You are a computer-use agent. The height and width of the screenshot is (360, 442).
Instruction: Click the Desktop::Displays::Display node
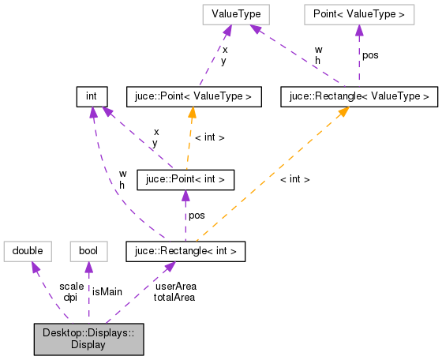pos(88,338)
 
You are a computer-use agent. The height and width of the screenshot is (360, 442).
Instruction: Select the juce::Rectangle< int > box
pos(185,252)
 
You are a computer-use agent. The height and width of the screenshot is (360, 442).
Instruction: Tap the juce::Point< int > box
pos(185,179)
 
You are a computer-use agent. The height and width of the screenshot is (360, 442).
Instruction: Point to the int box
pos(92,96)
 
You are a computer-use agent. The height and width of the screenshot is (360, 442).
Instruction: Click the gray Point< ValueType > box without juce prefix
pos(358,14)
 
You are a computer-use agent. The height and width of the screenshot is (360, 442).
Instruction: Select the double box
pos(28,252)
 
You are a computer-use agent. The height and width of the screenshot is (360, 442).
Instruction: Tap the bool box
pos(87,252)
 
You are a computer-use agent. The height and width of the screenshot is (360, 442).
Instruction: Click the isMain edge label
pos(107,291)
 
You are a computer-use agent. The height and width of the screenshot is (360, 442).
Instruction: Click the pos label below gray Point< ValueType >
pos(371,55)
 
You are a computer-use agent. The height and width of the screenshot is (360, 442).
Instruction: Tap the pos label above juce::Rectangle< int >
pos(195,215)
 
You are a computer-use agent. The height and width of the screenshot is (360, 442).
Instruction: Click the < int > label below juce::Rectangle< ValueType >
pos(294,179)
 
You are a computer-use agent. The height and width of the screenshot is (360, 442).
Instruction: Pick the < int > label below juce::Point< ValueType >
pos(209,137)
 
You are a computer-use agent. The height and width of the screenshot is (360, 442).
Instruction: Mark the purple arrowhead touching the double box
pos(36,268)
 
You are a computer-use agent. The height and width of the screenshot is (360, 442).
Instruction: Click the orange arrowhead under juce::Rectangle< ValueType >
pos(343,112)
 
